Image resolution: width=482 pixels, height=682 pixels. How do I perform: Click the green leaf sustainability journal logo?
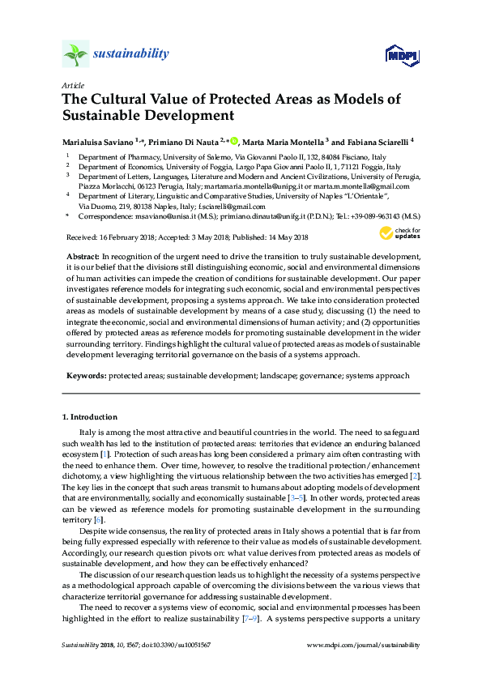coord(75,55)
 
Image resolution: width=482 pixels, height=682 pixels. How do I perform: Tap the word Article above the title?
coord(71,84)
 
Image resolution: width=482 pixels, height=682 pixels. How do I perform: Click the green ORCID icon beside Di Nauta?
coord(234,139)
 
